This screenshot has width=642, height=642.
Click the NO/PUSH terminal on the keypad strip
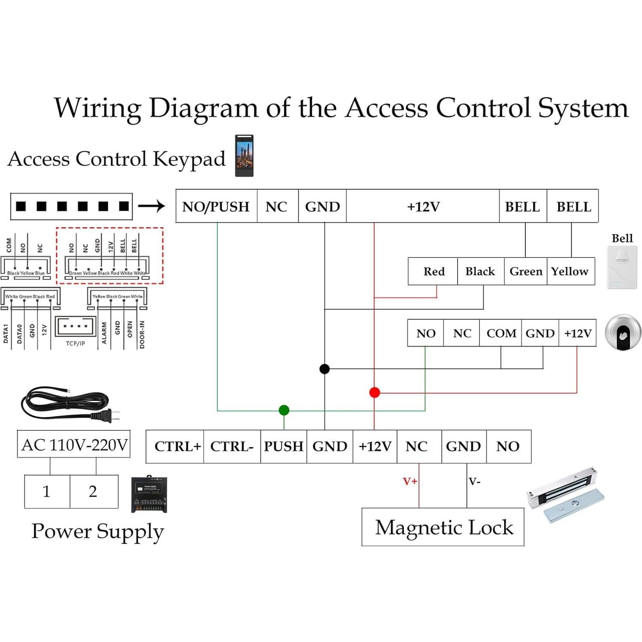pos(216,207)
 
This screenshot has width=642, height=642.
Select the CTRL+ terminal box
pos(177,446)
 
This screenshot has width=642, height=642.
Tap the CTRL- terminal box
pos(232,446)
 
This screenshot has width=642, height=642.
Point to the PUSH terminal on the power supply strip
pos(283,446)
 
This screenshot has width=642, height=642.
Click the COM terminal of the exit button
pos(501,333)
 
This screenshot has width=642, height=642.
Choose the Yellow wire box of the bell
pos(570,271)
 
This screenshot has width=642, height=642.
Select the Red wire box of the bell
pos(434,271)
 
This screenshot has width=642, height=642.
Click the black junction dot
pos(325,369)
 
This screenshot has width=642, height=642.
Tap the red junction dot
pos(374,392)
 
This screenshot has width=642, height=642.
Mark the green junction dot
pos(284,410)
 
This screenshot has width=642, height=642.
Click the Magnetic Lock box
pos(443,527)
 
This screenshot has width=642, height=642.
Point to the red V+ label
pos(410,481)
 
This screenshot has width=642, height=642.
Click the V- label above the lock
pos(474,481)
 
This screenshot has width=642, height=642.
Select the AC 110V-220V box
pos(74,444)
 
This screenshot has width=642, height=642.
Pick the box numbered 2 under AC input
pos(93,491)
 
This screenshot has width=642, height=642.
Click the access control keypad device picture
pos(244,156)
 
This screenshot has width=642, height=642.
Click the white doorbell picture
pos(622,267)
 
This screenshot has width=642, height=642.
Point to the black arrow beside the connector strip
pos(151,206)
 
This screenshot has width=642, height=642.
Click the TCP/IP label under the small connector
pos(75,344)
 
